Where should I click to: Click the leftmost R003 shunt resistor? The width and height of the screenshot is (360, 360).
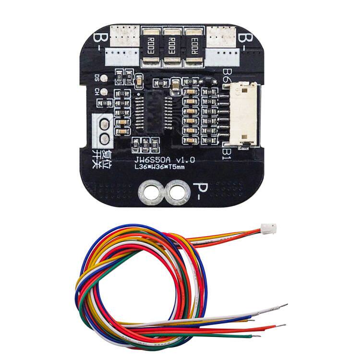(x=150, y=46)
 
